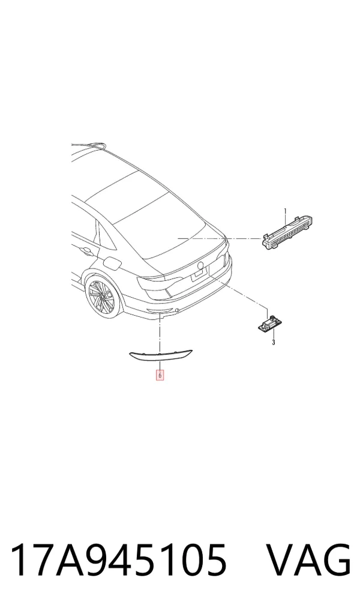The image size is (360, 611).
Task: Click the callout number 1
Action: [x=285, y=211]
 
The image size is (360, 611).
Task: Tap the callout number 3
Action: [x=273, y=343]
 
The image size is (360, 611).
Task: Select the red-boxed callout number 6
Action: [x=160, y=375]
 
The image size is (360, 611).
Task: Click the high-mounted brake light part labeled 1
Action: [x=287, y=233]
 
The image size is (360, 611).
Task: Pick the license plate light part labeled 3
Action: [x=268, y=323]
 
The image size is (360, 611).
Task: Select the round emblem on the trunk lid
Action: [x=200, y=266]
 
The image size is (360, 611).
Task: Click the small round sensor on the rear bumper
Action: [x=178, y=310]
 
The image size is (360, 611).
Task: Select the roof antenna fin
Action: [x=96, y=145]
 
